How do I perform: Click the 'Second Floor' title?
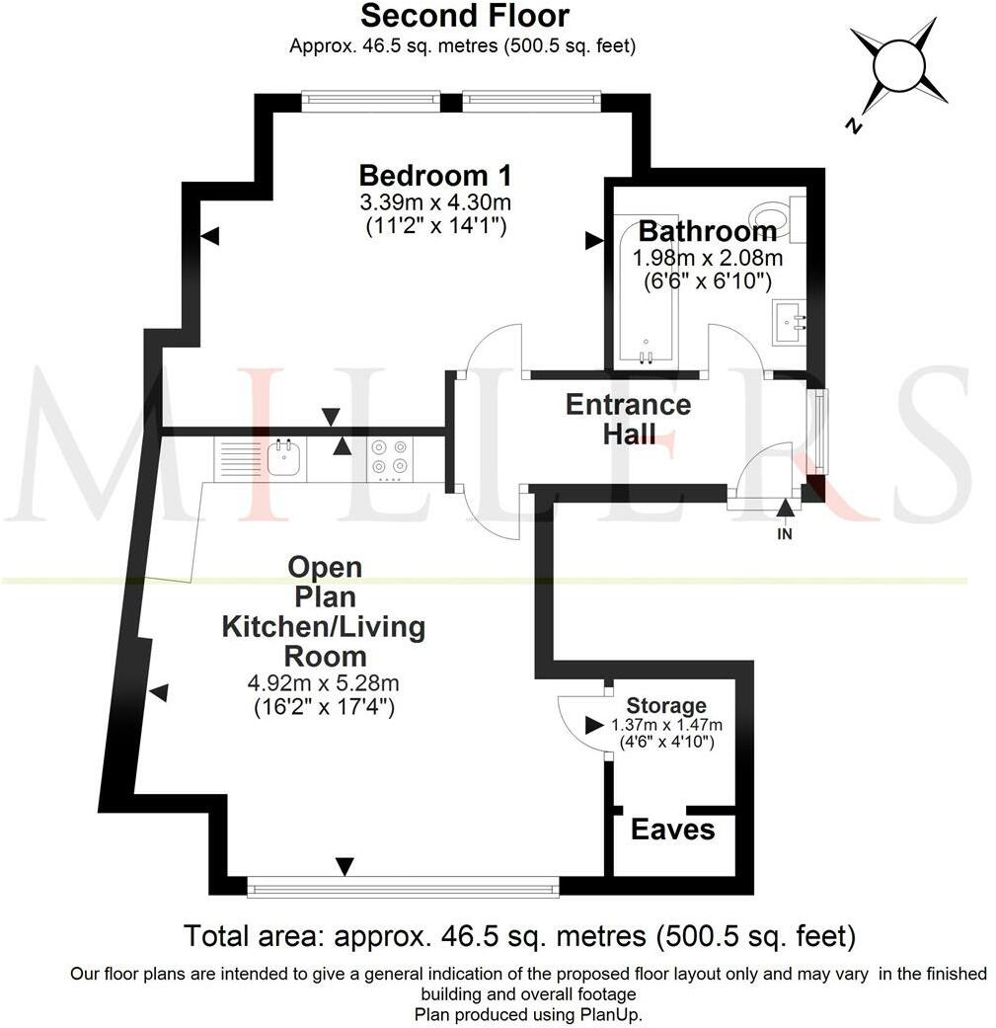464,16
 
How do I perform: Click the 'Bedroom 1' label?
435,176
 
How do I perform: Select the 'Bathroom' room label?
707,231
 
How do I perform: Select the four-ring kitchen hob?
389,456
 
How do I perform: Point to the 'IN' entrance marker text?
785,534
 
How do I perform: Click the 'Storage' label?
667,705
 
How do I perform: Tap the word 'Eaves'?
672,830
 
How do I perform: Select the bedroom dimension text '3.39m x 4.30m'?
435,203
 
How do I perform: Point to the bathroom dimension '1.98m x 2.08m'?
707,259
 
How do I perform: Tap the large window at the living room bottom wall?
403,886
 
